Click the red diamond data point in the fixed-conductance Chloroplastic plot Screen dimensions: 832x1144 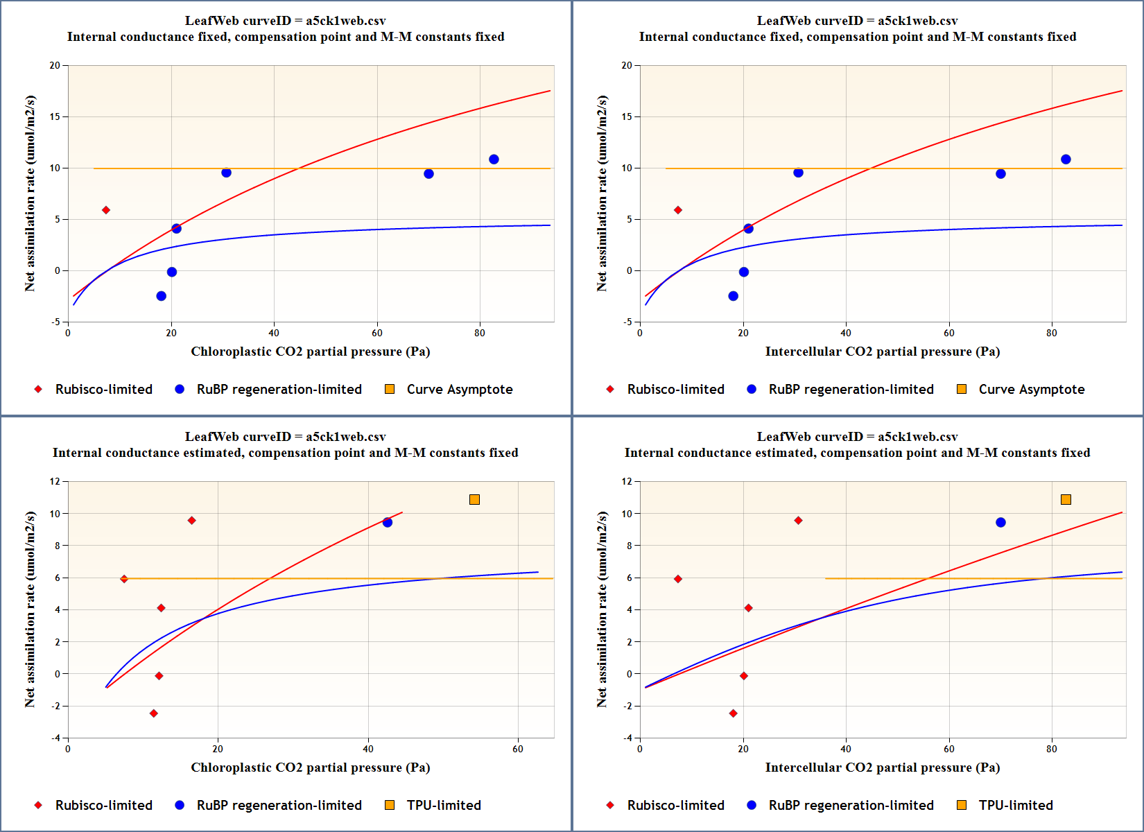click(106, 210)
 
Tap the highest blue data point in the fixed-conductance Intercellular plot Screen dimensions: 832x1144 click(1066, 159)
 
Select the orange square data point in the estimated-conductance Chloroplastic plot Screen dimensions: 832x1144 click(474, 499)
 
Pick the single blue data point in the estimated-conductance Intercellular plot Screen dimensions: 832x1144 click(1000, 522)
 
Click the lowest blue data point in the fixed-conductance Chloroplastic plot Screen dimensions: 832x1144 click(162, 296)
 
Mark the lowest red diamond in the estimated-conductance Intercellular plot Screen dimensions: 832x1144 click(734, 713)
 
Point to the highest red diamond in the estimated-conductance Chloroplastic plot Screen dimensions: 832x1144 click(191, 520)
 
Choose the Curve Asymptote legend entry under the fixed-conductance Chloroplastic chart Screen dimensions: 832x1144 click(459, 389)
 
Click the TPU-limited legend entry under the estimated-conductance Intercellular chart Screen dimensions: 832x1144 click(1015, 805)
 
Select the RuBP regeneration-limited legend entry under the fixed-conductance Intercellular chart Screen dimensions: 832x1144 click(851, 389)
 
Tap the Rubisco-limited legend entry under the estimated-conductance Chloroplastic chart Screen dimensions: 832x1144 click(103, 805)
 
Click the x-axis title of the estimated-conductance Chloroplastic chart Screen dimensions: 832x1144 click(310, 768)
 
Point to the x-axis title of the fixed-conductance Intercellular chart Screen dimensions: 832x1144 click(882, 352)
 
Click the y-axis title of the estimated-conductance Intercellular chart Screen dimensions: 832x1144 click(602, 609)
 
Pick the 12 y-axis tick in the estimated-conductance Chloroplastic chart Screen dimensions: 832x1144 click(55, 481)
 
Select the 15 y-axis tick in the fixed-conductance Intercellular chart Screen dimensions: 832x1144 click(627, 116)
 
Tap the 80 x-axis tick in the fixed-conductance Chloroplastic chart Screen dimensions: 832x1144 click(480, 333)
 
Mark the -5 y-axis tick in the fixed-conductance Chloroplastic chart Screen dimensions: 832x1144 click(55, 322)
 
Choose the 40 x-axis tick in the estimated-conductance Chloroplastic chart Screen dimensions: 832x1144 click(368, 749)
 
